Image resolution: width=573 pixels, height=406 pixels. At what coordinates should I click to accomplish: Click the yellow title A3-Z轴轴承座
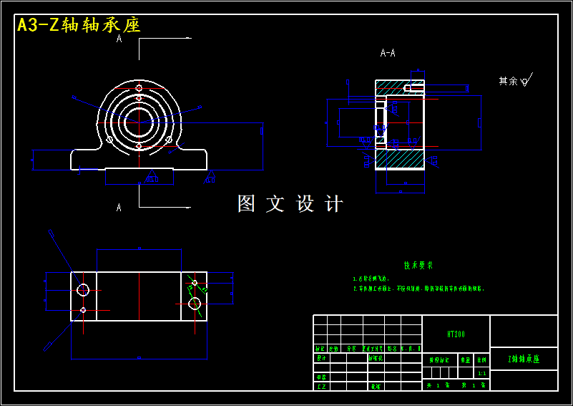[x=78, y=25]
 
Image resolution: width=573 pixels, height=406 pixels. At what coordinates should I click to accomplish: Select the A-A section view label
[x=388, y=53]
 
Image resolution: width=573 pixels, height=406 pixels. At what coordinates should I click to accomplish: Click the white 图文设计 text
[x=290, y=204]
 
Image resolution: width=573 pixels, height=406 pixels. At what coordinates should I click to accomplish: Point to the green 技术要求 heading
[x=418, y=265]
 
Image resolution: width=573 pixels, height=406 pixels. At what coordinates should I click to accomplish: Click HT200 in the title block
[x=456, y=334]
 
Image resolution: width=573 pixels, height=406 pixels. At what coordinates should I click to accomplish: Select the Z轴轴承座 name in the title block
[x=523, y=359]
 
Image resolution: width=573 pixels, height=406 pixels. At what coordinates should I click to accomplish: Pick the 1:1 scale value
[x=481, y=373]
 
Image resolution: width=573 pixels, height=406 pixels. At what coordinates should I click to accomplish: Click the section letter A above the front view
[x=119, y=39]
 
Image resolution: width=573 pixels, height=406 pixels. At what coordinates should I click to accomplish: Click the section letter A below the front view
[x=119, y=208]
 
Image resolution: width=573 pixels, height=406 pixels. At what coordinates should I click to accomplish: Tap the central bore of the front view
[x=139, y=122]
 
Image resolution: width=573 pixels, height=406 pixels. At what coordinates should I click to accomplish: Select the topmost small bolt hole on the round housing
[x=139, y=88]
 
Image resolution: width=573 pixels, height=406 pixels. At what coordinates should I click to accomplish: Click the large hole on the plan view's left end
[x=83, y=290]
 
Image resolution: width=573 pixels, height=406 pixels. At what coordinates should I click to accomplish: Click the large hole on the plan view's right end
[x=194, y=303]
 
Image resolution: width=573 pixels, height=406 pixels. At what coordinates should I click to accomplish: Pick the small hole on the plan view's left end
[x=83, y=310]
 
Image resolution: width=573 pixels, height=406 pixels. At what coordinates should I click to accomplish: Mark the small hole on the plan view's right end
[x=194, y=284]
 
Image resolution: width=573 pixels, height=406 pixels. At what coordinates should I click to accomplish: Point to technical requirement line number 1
[x=373, y=279]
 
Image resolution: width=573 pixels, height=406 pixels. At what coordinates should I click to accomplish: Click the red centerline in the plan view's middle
[x=139, y=295]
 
